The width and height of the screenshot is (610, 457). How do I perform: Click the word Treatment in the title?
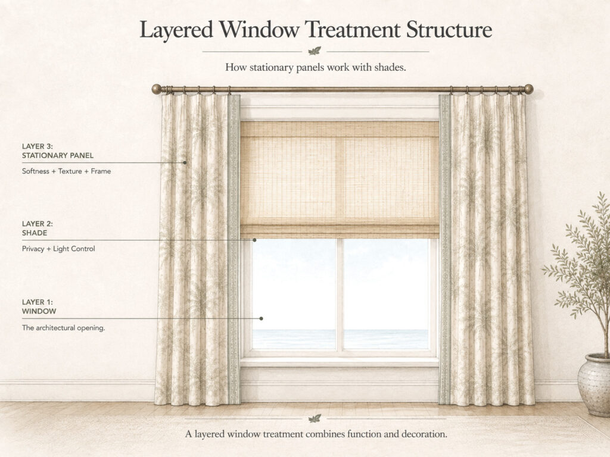tap(353, 30)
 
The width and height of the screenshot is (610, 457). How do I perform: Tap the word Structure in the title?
tap(449, 30)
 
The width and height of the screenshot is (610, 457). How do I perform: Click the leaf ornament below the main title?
tap(315, 51)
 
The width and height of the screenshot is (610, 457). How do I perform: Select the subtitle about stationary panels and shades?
tap(316, 67)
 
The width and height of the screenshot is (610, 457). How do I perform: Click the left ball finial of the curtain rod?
tap(157, 89)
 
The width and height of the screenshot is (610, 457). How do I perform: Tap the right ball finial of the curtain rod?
tap(528, 89)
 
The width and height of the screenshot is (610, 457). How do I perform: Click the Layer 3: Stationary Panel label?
tap(58, 151)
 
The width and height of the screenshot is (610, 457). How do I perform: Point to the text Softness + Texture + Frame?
tap(67, 171)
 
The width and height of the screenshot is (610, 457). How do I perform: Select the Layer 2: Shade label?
tap(38, 228)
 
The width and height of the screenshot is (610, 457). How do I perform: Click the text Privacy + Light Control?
tap(58, 249)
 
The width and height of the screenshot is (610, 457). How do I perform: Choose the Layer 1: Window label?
tap(39, 306)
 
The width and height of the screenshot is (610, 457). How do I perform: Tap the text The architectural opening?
tap(63, 328)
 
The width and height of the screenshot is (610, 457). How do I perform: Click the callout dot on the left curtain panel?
tap(185, 162)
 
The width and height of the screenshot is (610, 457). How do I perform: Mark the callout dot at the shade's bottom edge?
tap(254, 240)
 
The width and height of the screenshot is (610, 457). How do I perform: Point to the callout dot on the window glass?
tap(262, 318)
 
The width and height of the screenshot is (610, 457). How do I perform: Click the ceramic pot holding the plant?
tap(595, 384)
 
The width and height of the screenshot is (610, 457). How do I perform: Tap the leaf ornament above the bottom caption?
tap(315, 418)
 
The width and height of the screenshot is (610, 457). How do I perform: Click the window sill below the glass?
tap(340, 362)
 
